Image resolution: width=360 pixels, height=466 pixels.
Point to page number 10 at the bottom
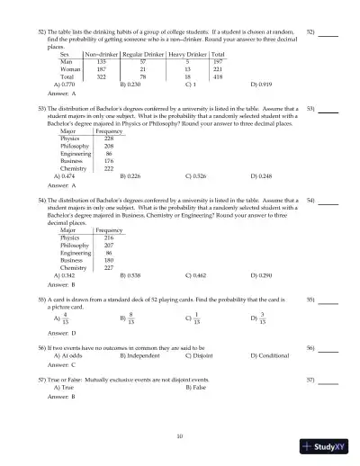click(x=180, y=436)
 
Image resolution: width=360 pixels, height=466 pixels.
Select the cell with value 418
click(x=218, y=76)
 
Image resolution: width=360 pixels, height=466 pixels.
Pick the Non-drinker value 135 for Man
click(x=101, y=62)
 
